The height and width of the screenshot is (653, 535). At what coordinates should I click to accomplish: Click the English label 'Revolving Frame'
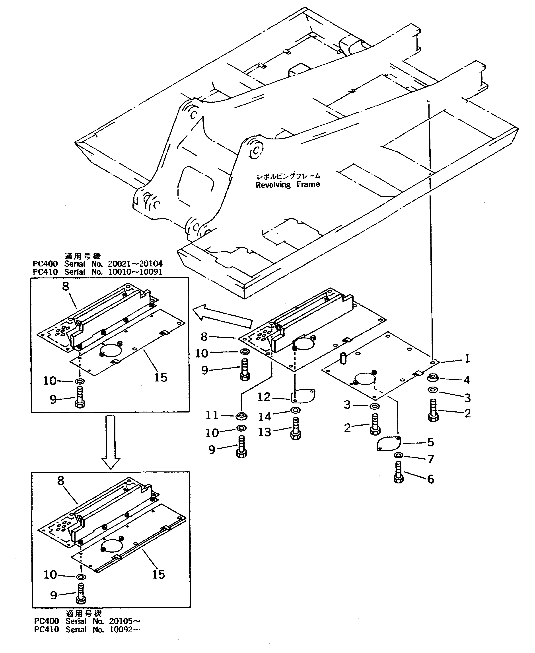(x=288, y=185)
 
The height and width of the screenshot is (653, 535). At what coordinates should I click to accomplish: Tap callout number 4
(x=467, y=380)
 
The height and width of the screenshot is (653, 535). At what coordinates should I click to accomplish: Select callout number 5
(x=430, y=442)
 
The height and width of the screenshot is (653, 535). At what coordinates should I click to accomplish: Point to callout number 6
(x=430, y=479)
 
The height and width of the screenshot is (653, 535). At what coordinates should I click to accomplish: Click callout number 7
(x=430, y=459)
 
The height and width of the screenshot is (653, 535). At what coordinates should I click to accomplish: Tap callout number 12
(x=264, y=397)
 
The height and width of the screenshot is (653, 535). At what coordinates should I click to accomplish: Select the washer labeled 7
(x=398, y=455)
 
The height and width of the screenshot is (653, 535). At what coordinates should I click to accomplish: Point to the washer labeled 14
(x=296, y=410)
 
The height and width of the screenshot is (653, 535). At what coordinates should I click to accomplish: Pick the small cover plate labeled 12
(x=303, y=396)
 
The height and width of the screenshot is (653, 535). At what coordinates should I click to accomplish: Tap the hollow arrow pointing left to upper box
(x=222, y=315)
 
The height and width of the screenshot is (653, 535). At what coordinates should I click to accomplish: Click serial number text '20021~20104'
(x=135, y=264)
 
